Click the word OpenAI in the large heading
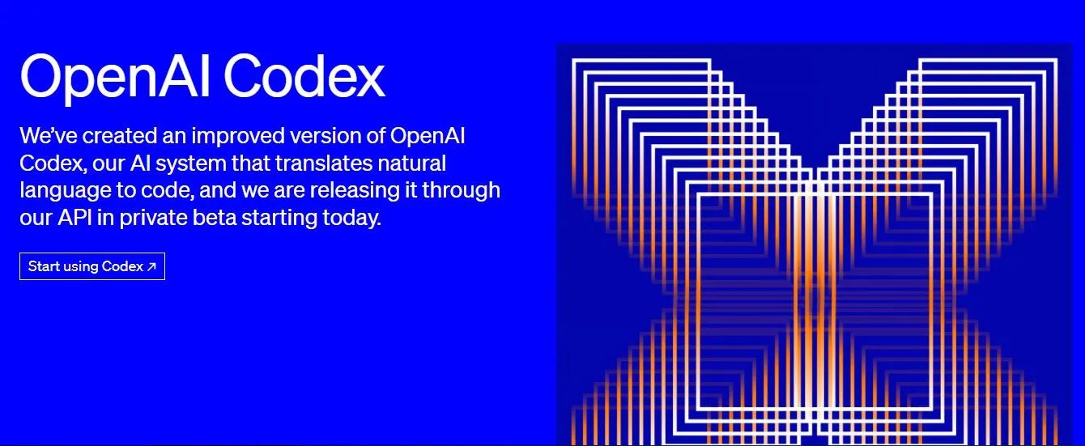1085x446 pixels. pos(115,77)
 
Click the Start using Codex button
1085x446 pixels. pos(92,266)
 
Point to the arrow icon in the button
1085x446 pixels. pos(151,266)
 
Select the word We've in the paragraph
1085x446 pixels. pos(49,136)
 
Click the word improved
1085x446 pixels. pos(238,137)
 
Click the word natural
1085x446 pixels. pos(411,164)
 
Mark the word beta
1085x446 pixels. pos(214,218)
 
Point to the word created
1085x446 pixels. pos(120,136)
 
